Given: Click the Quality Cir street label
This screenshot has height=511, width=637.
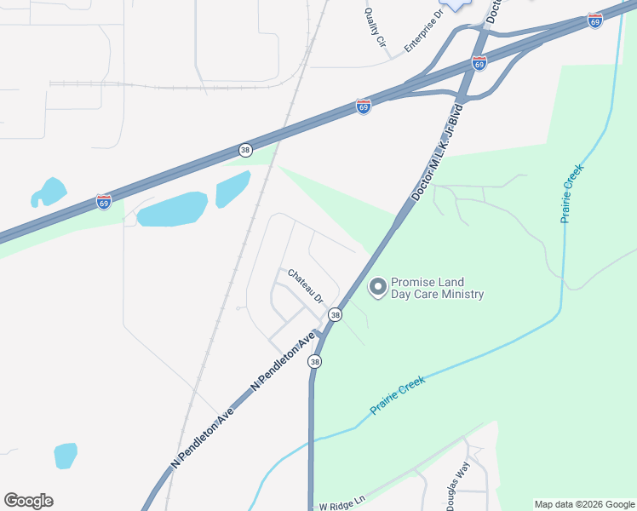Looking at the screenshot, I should click(376, 28).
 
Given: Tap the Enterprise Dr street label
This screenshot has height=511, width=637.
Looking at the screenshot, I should click(425, 30).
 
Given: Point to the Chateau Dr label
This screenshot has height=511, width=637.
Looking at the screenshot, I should click(306, 286).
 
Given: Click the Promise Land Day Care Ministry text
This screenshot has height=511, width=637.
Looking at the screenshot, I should click(437, 289).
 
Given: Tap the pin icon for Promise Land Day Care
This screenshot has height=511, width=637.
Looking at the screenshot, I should click(376, 289).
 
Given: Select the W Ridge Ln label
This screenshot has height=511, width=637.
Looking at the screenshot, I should click(341, 505).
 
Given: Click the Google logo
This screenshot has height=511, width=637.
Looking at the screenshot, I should click(28, 501).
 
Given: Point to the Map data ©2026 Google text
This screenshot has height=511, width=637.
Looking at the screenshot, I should click(584, 504).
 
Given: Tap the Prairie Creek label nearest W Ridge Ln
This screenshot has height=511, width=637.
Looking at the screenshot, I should click(397, 396).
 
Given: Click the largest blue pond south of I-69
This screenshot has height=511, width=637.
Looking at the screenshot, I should click(172, 210).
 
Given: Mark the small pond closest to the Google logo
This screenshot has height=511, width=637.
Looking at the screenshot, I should click(66, 456).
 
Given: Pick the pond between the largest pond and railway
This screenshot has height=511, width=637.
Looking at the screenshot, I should click(232, 189).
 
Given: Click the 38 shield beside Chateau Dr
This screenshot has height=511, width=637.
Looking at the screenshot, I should click(336, 315).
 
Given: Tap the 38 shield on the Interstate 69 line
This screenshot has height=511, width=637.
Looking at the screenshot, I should click(246, 150).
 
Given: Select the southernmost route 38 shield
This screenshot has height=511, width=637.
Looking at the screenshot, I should click(316, 362).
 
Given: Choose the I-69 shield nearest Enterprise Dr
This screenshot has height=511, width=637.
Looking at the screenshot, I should click(479, 64).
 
